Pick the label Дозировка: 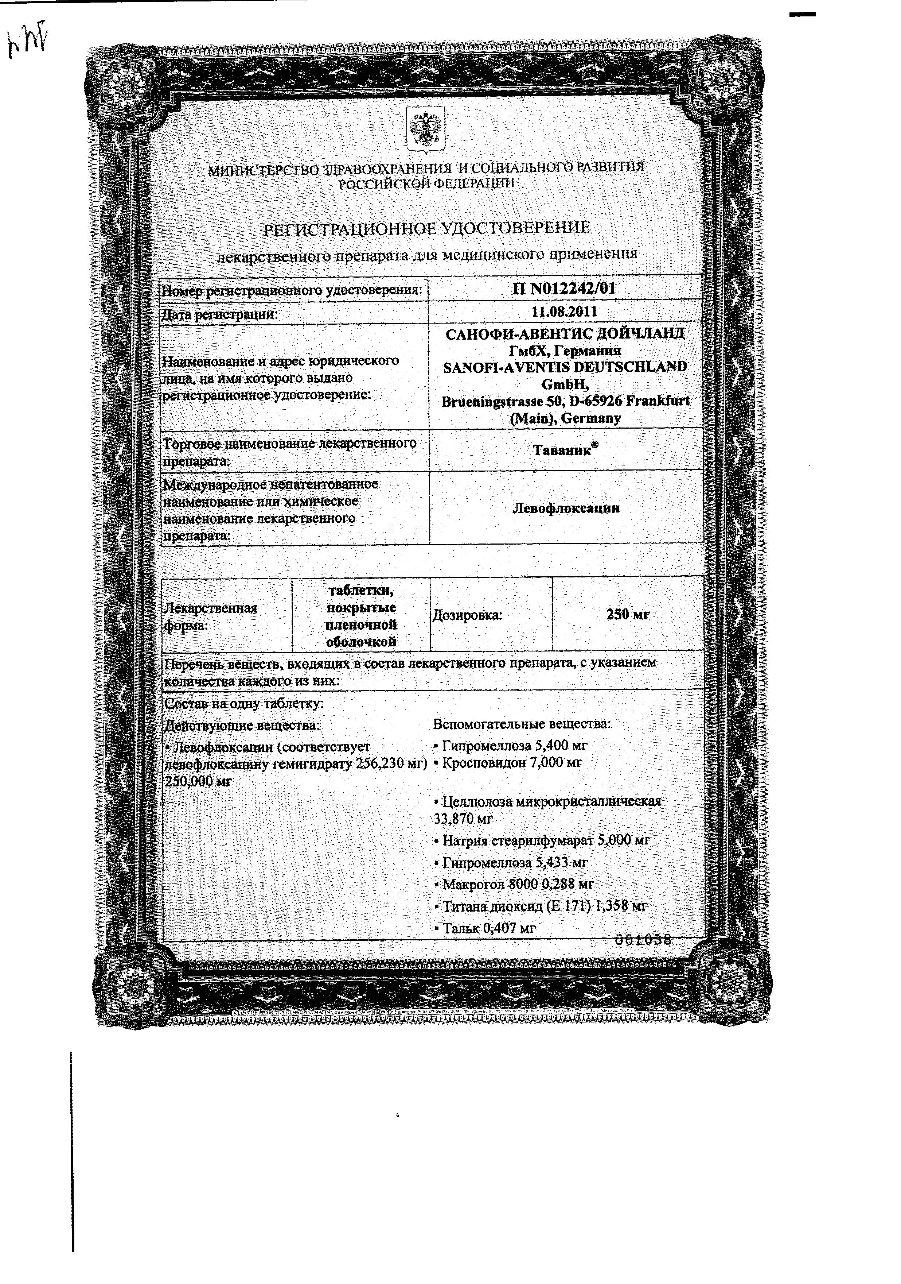point(467,615)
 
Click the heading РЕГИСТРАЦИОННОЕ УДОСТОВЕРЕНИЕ point(426,228)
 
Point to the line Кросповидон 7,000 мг point(507,762)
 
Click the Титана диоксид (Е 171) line point(540,906)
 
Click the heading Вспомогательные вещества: point(522,724)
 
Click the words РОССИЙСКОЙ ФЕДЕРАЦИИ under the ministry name point(426,183)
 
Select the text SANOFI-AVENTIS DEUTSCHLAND point(565,367)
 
